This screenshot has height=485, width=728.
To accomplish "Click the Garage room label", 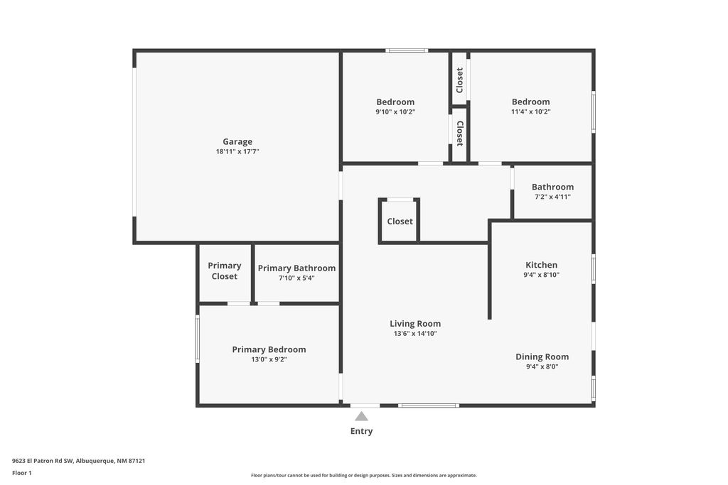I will click(237, 141).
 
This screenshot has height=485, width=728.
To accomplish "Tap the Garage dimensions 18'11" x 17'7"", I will click(237, 151).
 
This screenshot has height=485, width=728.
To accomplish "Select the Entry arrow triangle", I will click(362, 416).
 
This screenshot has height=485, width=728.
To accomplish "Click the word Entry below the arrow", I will click(361, 431).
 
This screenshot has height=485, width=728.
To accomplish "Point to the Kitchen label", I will click(541, 265).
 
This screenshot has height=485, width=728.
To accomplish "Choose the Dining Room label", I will click(542, 356).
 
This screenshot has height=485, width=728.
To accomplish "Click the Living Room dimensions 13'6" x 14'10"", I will click(415, 333).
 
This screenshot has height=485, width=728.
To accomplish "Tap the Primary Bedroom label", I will click(269, 349).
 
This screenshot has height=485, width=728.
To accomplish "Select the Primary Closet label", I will click(225, 271).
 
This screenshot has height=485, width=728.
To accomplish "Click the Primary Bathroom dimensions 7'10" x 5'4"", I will click(296, 278).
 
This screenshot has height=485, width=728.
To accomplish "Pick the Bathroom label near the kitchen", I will click(552, 187).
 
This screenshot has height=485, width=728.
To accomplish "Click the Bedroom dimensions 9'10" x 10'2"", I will click(395, 111).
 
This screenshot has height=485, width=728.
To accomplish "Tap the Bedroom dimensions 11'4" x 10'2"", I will click(530, 111).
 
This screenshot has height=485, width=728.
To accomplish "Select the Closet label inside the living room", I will click(400, 222).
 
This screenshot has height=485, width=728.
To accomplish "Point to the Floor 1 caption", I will click(22, 473).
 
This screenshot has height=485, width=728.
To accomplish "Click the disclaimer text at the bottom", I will click(363, 475).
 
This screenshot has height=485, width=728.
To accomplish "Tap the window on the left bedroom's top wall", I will click(407, 50).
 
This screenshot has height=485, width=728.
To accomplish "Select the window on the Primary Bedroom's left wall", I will click(198, 339).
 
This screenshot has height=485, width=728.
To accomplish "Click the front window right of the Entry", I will click(428, 405).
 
